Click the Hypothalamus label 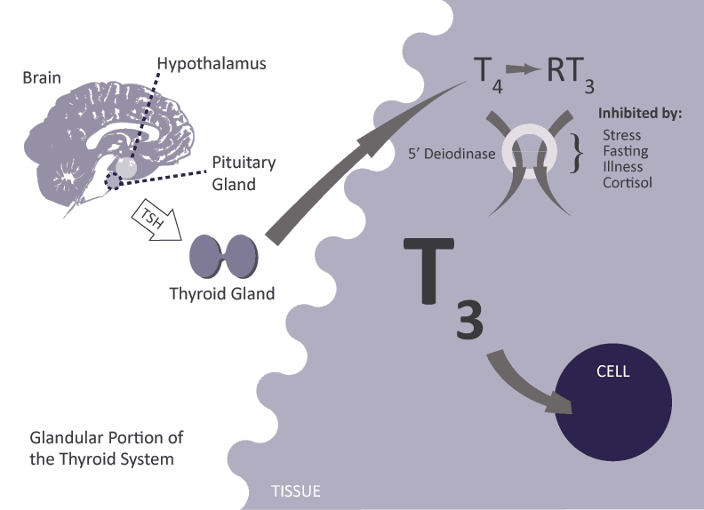[x=211, y=64]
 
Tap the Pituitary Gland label [x=244, y=173]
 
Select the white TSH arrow [x=157, y=223]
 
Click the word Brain [x=42, y=77]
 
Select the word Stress [x=622, y=135]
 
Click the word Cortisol [x=627, y=182]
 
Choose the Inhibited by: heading [x=639, y=114]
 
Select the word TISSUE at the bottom [x=295, y=490]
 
